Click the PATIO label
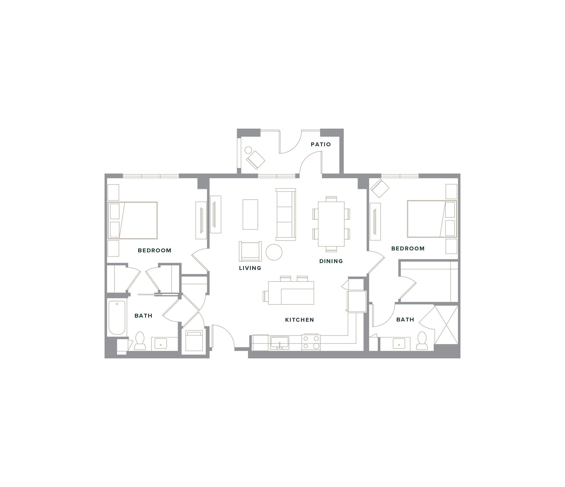321,144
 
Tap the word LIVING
250,268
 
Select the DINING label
331,261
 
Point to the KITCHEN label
299,320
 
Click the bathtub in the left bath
117,318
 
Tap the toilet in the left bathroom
140,341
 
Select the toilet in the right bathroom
422,340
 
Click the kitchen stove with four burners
311,342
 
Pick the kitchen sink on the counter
279,342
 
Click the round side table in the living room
274,252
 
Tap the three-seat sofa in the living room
286,214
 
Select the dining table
331,224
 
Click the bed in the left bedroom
133,220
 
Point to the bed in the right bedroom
432,219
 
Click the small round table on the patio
248,150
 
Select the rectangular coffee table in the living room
250,214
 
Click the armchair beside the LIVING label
250,251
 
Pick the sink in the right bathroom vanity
399,344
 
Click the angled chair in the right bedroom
380,188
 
